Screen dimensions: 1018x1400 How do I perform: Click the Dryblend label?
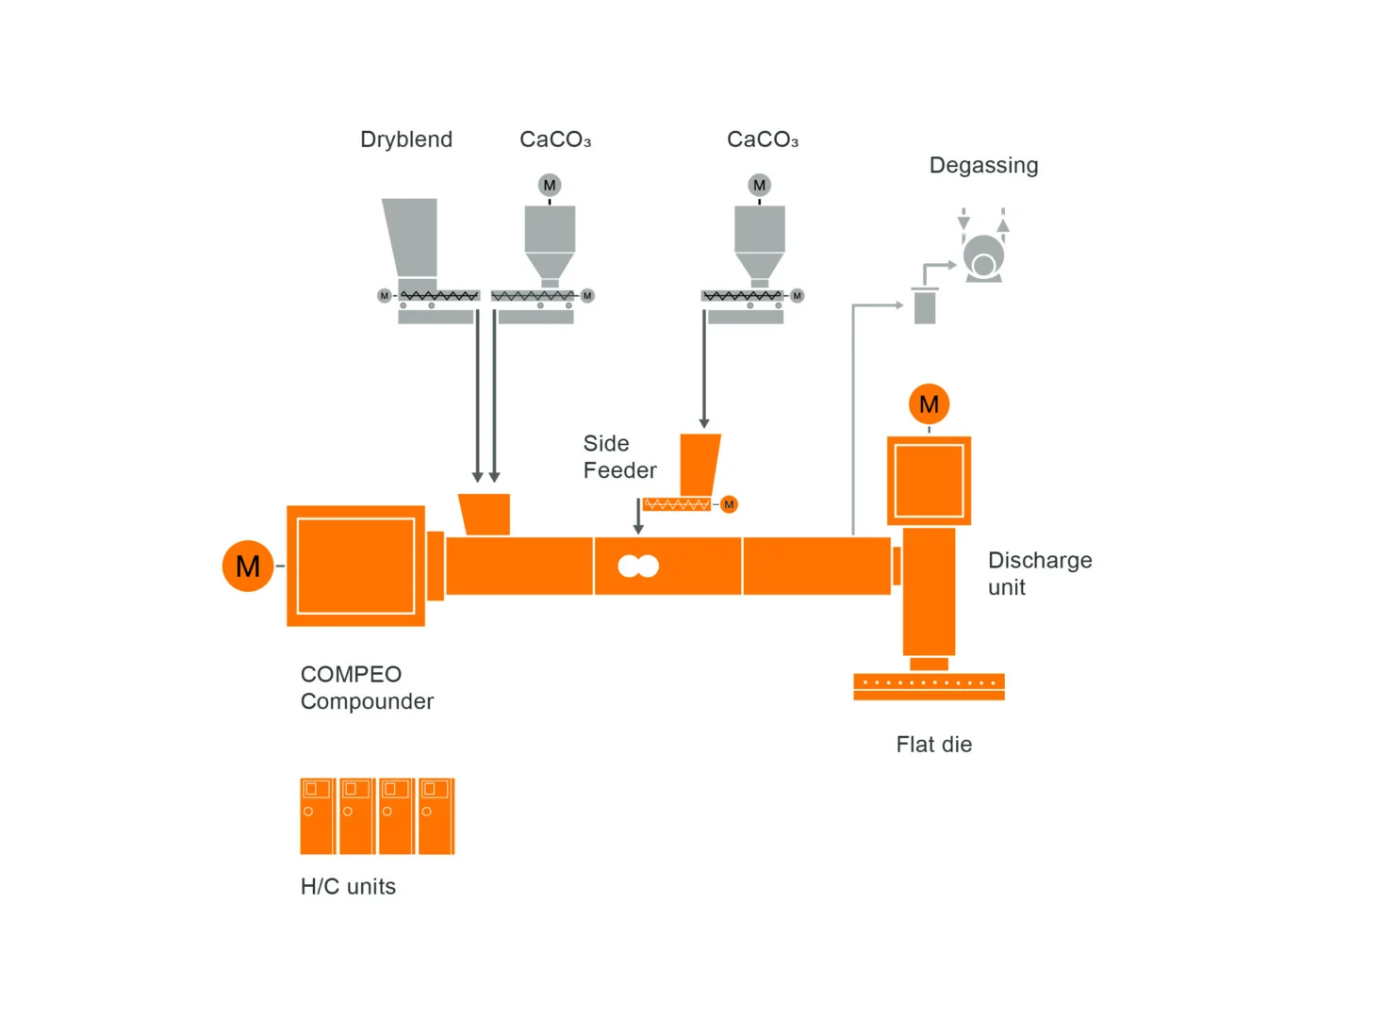tap(406, 140)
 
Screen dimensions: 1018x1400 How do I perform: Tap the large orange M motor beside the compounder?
tap(248, 566)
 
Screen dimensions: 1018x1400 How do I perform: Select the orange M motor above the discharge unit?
tap(929, 404)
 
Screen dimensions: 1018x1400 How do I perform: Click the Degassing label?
tap(983, 166)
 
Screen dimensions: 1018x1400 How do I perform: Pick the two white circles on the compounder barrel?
tap(638, 566)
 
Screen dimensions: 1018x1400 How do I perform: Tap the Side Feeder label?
tap(619, 457)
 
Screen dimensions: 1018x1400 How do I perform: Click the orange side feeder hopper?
tap(700, 464)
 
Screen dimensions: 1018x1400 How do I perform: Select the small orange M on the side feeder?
tap(729, 505)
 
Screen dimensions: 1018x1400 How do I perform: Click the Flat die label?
tap(933, 745)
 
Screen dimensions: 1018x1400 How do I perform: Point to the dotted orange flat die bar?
tap(929, 682)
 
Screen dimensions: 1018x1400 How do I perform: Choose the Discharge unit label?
tap(1039, 573)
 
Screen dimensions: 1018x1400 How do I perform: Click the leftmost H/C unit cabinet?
tap(318, 816)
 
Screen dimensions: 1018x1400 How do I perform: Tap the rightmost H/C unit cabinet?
tap(436, 816)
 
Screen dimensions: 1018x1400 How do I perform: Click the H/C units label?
tap(348, 887)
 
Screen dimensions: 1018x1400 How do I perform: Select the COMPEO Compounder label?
tap(367, 688)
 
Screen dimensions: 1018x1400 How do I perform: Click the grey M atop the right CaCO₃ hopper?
tap(759, 186)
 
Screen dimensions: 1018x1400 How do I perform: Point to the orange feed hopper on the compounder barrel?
tap(485, 515)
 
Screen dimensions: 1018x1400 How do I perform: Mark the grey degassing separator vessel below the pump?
tap(925, 306)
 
